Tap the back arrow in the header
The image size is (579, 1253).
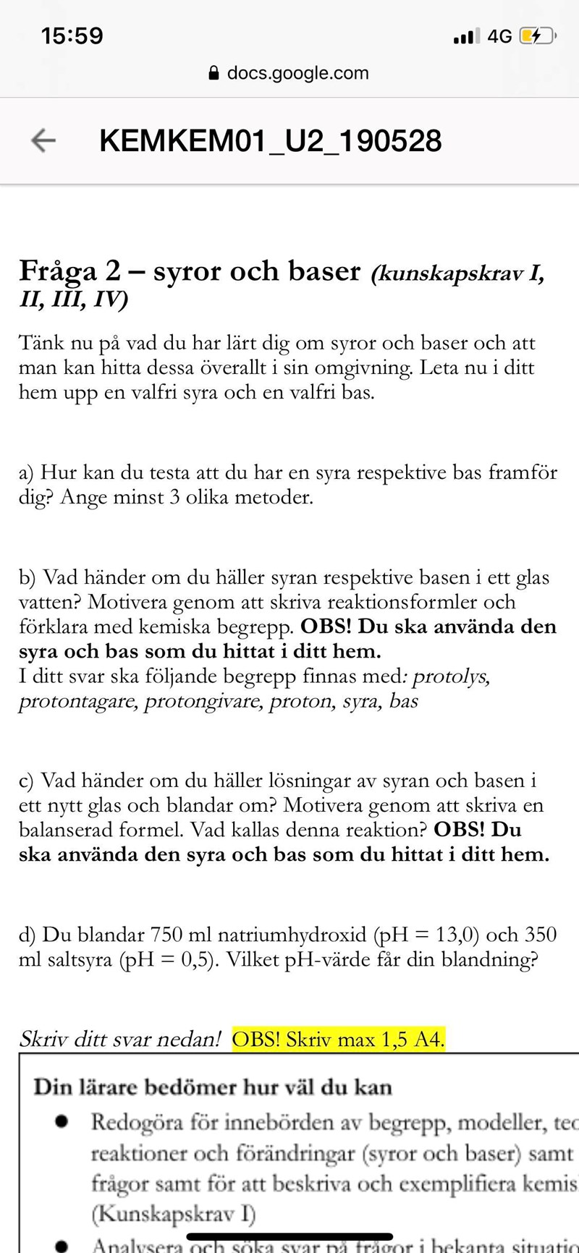[x=43, y=140]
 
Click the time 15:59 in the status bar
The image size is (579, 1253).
[x=72, y=36]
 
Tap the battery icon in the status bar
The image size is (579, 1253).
[x=538, y=36]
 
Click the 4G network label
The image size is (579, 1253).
[x=499, y=36]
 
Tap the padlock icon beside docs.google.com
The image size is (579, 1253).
[x=214, y=73]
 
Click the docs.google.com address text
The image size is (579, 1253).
[x=297, y=73]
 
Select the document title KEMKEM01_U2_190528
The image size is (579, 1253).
[x=270, y=140]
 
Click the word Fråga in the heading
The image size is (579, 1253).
[x=58, y=271]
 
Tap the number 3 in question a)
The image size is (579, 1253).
[x=174, y=498]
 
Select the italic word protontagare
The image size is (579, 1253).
[x=77, y=701]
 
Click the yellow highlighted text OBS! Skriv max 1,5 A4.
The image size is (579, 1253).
[x=338, y=1040]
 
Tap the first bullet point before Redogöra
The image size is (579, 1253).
[x=63, y=1122]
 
